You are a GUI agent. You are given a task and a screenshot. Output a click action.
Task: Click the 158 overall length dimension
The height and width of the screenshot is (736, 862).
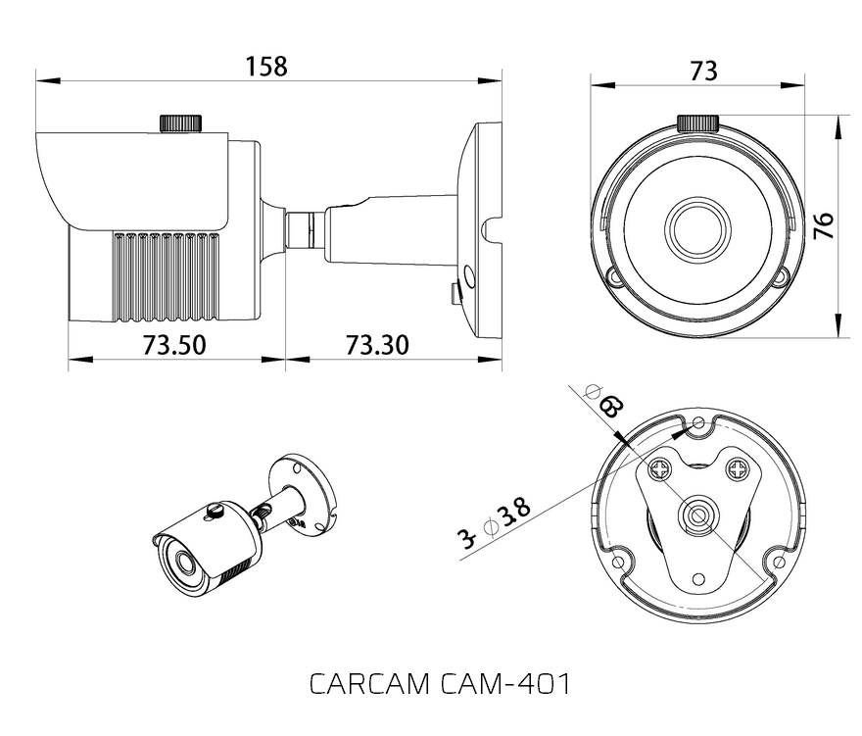pos(266,66)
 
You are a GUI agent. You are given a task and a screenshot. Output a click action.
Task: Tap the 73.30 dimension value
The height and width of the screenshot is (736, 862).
pos(377,345)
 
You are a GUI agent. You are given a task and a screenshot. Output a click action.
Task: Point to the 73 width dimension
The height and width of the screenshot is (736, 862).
pos(703,71)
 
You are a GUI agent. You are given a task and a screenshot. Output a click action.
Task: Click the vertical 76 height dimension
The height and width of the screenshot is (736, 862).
pos(825,226)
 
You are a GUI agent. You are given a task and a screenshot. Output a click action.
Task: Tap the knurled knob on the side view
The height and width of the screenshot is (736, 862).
pos(180,123)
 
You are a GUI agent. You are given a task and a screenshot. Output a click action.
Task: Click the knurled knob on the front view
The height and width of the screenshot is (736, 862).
pos(698,123)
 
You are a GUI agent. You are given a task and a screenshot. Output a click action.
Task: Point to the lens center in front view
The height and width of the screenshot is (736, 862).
pos(697,229)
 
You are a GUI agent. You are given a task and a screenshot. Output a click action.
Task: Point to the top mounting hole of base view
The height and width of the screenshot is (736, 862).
pos(698,423)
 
